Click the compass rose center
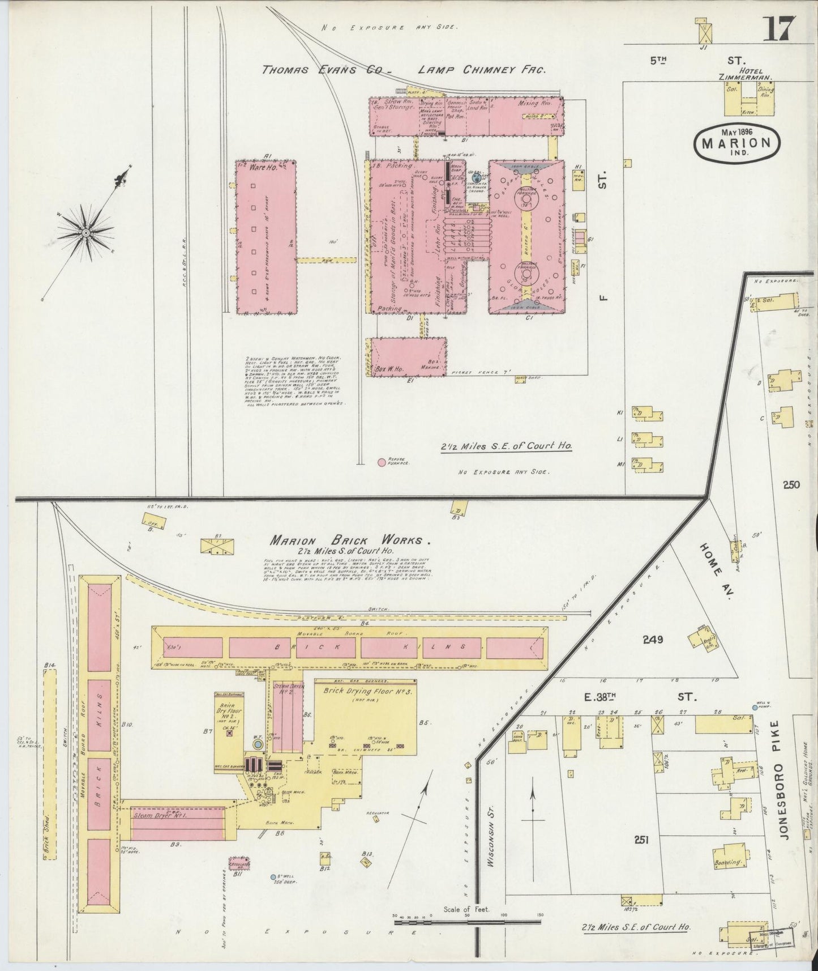point(85,232)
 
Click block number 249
point(653,640)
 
